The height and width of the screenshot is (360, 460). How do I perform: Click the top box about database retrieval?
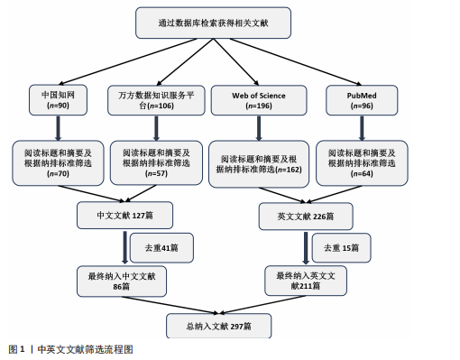[213, 23]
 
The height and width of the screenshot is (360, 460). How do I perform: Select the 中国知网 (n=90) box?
[58, 100]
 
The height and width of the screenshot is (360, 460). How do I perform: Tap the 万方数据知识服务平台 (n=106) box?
[156, 100]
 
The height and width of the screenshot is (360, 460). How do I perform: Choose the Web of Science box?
[259, 100]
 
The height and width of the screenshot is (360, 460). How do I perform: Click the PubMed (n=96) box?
[362, 100]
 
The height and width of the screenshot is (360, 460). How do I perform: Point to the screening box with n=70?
[58, 162]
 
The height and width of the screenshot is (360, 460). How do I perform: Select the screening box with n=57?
[156, 162]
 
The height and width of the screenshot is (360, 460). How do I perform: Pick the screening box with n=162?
[259, 164]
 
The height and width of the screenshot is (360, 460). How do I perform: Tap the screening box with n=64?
[362, 162]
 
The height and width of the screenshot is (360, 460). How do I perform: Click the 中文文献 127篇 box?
[124, 216]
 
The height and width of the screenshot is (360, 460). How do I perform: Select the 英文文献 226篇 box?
[306, 217]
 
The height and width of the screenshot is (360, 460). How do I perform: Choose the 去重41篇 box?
[161, 248]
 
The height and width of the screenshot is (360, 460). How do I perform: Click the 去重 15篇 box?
[341, 248]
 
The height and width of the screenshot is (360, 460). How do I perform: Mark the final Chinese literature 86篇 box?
[122, 282]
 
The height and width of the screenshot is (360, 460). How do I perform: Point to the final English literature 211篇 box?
[306, 281]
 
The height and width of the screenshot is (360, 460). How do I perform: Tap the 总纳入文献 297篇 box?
[219, 326]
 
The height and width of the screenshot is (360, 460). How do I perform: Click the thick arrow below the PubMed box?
[362, 128]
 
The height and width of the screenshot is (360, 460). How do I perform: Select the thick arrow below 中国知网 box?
[58, 128]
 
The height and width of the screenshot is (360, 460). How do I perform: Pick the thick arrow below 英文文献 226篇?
[306, 248]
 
